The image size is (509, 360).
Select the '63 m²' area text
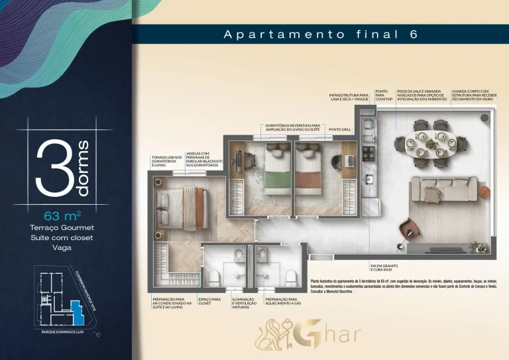point(62,215)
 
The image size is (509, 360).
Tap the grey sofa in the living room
point(441,190)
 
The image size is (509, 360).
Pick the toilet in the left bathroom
point(214,275)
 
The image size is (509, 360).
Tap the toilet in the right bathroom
point(289,275)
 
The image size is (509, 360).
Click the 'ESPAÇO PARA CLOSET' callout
point(209,302)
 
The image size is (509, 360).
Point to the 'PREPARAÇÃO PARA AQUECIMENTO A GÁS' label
point(281,302)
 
